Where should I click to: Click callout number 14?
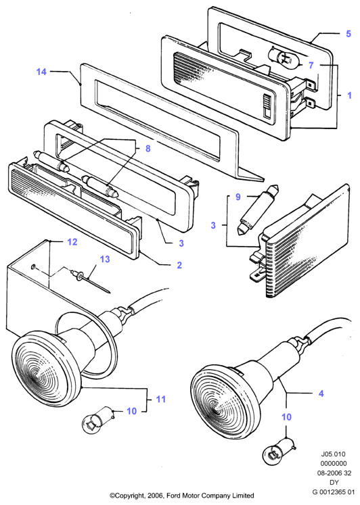(x=41, y=72)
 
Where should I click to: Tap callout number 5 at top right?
(x=348, y=34)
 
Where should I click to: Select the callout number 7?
(x=311, y=65)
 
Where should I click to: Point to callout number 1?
(x=349, y=95)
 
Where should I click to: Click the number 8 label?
(x=148, y=149)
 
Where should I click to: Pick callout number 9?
(x=238, y=197)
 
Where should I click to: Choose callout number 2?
(x=179, y=265)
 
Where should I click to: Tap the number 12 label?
(x=72, y=241)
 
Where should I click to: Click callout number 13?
(x=105, y=259)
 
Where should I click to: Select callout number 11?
(x=161, y=399)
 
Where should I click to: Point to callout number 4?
(x=321, y=393)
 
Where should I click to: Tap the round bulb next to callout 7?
(x=286, y=59)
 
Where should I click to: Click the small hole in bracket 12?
(x=33, y=266)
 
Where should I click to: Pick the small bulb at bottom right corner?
(x=279, y=450)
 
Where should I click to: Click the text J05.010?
(x=333, y=454)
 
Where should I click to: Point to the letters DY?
(x=333, y=482)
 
